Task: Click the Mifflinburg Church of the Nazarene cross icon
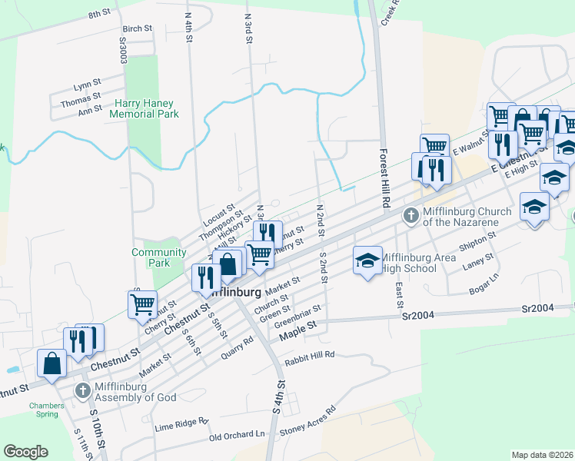(x=410, y=216)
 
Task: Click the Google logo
(x=25, y=452)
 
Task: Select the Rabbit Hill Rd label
(x=310, y=354)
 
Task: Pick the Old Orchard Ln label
(x=237, y=435)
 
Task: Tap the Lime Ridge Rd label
(x=181, y=423)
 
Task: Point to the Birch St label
(x=138, y=28)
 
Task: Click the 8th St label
(x=99, y=14)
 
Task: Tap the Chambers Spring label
(x=43, y=410)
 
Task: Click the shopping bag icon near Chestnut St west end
(x=52, y=363)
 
